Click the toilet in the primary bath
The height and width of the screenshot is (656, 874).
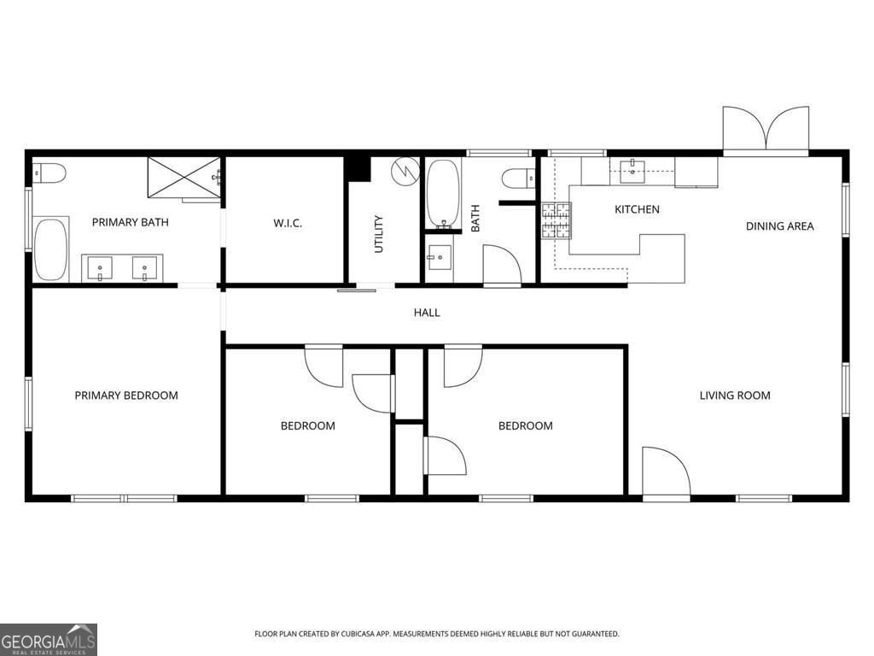click(x=49, y=173)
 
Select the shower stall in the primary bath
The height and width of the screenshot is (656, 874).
click(x=184, y=178)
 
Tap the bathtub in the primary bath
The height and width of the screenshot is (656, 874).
click(x=50, y=250)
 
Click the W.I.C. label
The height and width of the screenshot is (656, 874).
click(x=288, y=223)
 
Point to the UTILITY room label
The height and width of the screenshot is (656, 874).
click(x=379, y=234)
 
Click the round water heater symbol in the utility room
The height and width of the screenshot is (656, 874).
click(x=405, y=171)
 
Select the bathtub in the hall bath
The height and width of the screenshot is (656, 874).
click(x=443, y=194)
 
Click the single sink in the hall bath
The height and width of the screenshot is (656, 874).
click(x=440, y=257)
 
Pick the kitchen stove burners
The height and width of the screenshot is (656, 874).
click(x=556, y=221)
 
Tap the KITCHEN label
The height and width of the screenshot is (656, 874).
click(x=637, y=209)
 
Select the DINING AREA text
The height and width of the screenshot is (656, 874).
click(x=780, y=225)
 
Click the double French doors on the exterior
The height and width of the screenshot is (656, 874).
click(x=766, y=129)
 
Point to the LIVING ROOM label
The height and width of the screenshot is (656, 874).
click(x=735, y=395)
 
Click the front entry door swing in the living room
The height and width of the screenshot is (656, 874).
click(x=666, y=471)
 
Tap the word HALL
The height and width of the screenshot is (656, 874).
click(x=427, y=313)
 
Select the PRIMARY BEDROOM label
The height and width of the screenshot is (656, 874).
click(x=126, y=395)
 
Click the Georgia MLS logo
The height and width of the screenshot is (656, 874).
click(x=49, y=640)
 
